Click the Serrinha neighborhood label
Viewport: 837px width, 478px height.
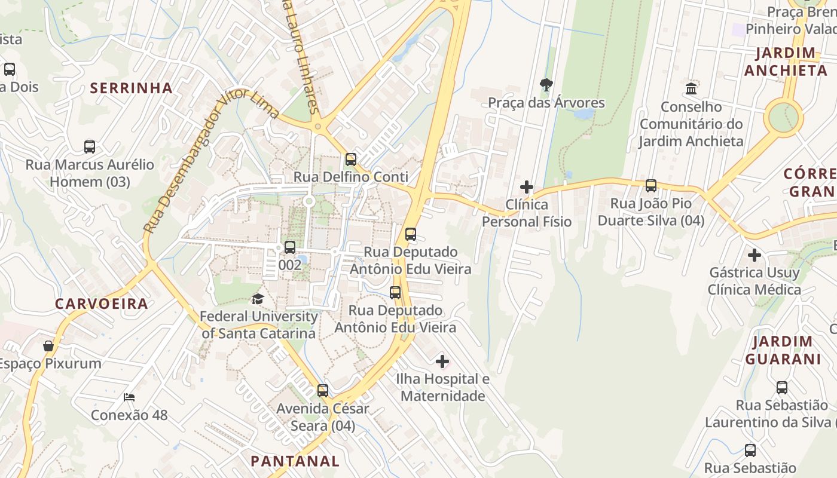coord(131,88)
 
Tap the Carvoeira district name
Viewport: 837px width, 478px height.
coord(102,304)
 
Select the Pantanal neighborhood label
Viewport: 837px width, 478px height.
coord(295,461)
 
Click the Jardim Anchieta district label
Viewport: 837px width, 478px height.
coord(786,62)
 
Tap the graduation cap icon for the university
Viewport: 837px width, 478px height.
coord(258,299)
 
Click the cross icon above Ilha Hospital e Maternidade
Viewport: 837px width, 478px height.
coord(442,361)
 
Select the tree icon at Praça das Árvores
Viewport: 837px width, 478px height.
coord(546,85)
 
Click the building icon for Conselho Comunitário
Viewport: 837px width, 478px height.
coord(691,89)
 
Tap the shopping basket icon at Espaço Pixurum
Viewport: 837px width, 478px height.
coord(48,346)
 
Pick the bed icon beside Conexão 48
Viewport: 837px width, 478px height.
coord(129,397)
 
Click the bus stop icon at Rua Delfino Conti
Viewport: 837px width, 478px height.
coord(351,160)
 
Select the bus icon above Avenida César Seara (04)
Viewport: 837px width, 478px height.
coord(323,391)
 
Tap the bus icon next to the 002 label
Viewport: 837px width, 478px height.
coord(290,247)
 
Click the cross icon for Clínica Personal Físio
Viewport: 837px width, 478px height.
coord(527,187)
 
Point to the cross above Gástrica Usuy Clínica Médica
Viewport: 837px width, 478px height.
coord(754,255)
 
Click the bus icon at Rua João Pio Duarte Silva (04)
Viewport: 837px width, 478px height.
coord(651,186)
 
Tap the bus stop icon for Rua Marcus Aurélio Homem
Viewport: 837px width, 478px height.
coord(90,147)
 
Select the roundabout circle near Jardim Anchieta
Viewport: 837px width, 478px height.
coord(784,117)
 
